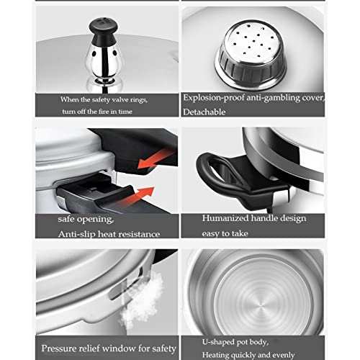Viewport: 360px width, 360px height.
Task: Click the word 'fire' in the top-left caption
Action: pos(116,110)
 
